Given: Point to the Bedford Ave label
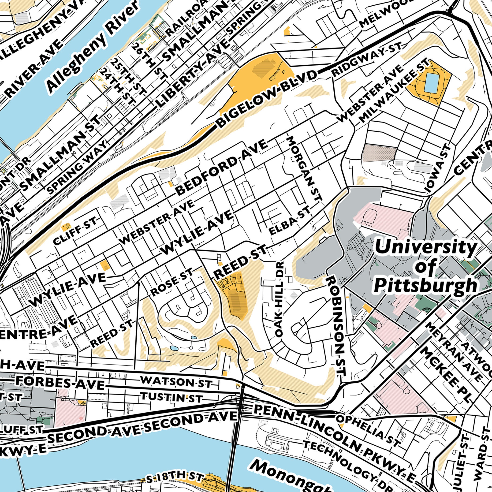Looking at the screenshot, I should click(x=222, y=168).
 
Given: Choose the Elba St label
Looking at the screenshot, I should click(x=290, y=220).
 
